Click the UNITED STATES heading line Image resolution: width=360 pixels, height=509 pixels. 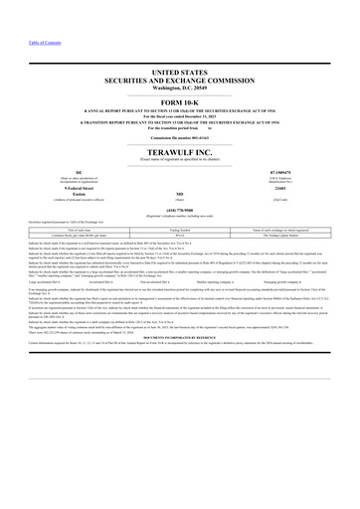pyautogui.click(x=180, y=75)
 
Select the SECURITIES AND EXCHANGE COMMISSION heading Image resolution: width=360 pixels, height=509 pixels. pyautogui.click(x=180, y=84)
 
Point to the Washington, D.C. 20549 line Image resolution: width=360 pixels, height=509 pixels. pyautogui.click(x=180, y=91)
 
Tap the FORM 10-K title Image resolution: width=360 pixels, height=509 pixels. pyautogui.click(x=180, y=105)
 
